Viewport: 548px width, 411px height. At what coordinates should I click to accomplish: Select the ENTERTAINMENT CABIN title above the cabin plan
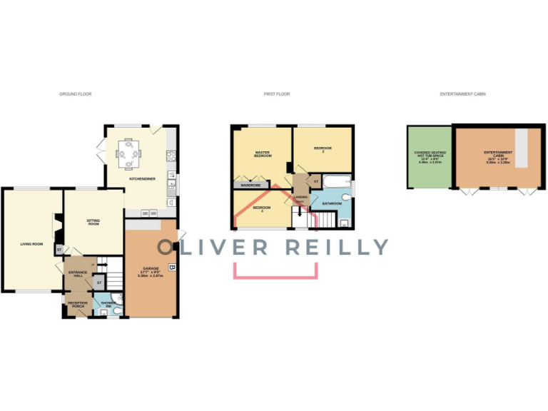[462, 94]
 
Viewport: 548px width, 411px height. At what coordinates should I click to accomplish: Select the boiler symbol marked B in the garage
[171, 268]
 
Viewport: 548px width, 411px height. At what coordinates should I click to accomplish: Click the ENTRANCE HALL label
[77, 275]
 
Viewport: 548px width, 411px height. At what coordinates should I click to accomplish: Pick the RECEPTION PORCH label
[77, 305]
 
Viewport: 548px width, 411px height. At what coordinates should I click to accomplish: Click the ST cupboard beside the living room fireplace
[59, 249]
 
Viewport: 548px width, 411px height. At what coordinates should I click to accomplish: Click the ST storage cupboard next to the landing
[315, 182]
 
